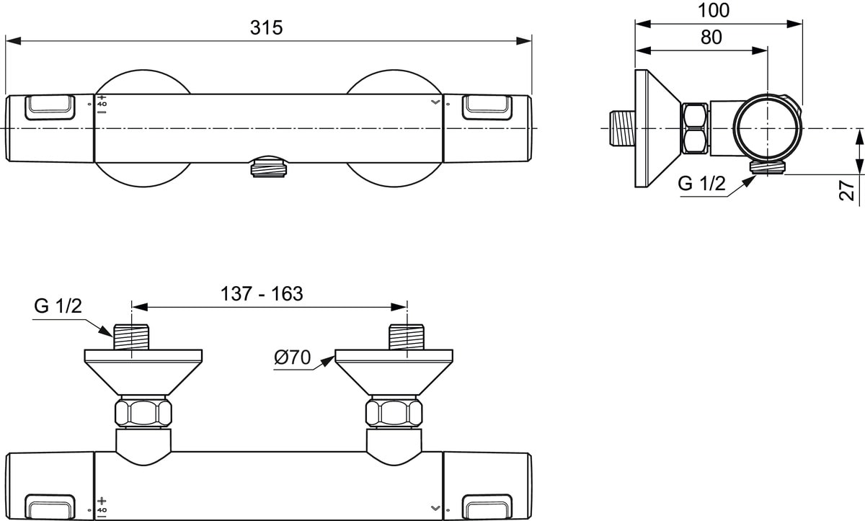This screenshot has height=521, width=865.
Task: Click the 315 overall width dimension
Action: click(x=267, y=27)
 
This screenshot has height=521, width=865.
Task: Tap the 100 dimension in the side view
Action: click(x=714, y=11)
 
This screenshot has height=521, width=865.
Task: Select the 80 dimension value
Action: click(x=711, y=37)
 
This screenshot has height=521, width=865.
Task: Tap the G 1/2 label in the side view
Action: click(x=701, y=184)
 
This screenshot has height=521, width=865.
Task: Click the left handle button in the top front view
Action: click(x=50, y=107)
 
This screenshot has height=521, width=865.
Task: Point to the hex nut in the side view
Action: click(x=695, y=128)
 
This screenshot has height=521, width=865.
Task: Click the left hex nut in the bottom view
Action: click(x=143, y=413)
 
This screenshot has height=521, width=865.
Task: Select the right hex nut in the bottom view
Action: click(x=394, y=413)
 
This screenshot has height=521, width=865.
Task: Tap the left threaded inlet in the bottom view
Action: click(x=131, y=337)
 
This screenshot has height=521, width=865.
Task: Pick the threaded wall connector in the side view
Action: click(x=622, y=128)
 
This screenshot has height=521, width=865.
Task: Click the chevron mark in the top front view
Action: click(x=434, y=104)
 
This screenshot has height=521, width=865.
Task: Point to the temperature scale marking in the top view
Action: click(x=102, y=104)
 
